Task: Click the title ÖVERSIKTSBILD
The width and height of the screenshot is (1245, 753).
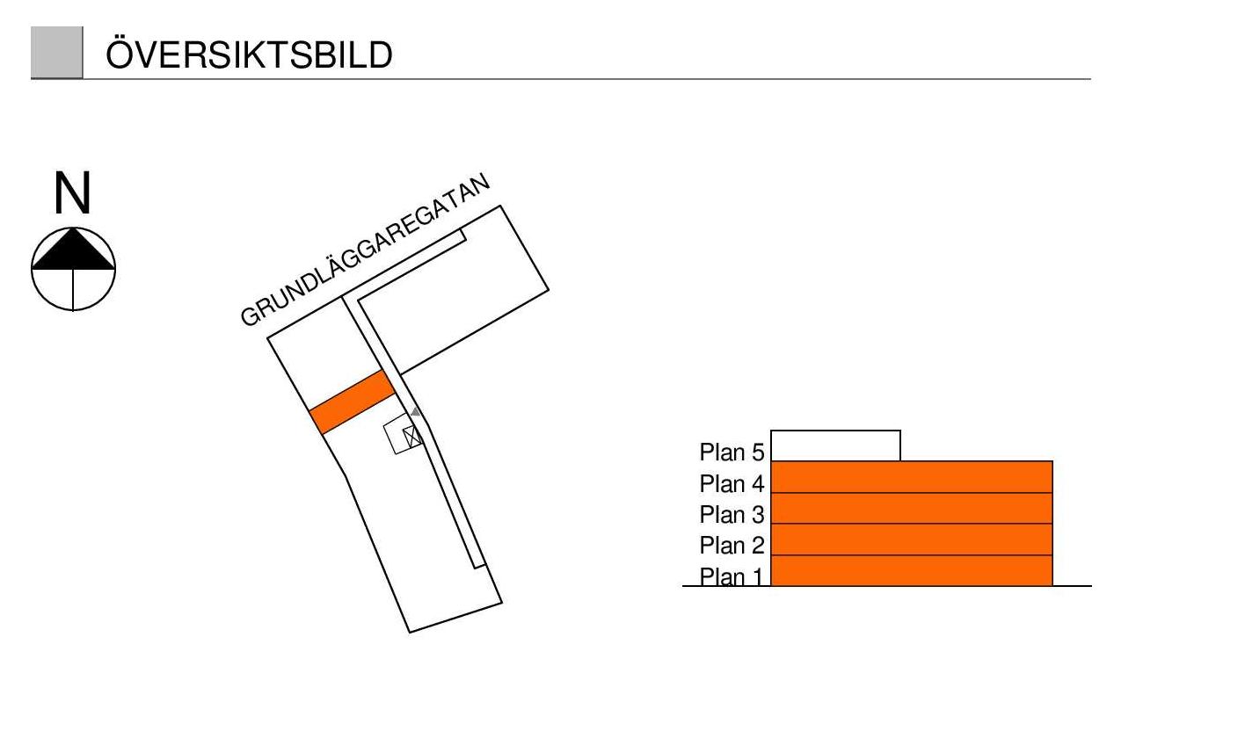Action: [x=249, y=54]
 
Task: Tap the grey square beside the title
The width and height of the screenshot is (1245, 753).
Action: [x=56, y=53]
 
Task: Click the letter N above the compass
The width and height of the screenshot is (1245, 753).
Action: [x=72, y=194]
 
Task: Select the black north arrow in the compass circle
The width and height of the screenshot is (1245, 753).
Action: [x=73, y=250]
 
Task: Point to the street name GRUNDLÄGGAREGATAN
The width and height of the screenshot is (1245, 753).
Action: [x=364, y=251]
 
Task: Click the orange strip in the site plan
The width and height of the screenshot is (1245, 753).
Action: [x=352, y=402]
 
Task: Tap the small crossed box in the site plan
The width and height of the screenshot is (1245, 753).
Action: [x=411, y=436]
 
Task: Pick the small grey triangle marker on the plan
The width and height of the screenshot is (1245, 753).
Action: [x=416, y=411]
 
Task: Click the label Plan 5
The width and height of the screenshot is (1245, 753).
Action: [x=732, y=453]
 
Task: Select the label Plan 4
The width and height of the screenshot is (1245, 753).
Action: [x=732, y=484]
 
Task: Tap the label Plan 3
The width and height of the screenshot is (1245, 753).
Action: [x=732, y=515]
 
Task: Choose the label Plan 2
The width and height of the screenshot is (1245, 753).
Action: [x=732, y=546]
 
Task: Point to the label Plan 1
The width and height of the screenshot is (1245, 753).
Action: [x=732, y=577]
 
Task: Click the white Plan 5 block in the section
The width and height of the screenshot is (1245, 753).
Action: [x=835, y=445]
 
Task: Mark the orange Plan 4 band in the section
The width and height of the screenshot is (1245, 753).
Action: [x=911, y=477]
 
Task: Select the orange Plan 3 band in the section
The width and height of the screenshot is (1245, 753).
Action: [x=911, y=509]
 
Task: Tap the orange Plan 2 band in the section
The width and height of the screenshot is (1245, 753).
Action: [x=911, y=539]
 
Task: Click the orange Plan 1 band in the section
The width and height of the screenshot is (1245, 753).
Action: [x=911, y=571]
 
